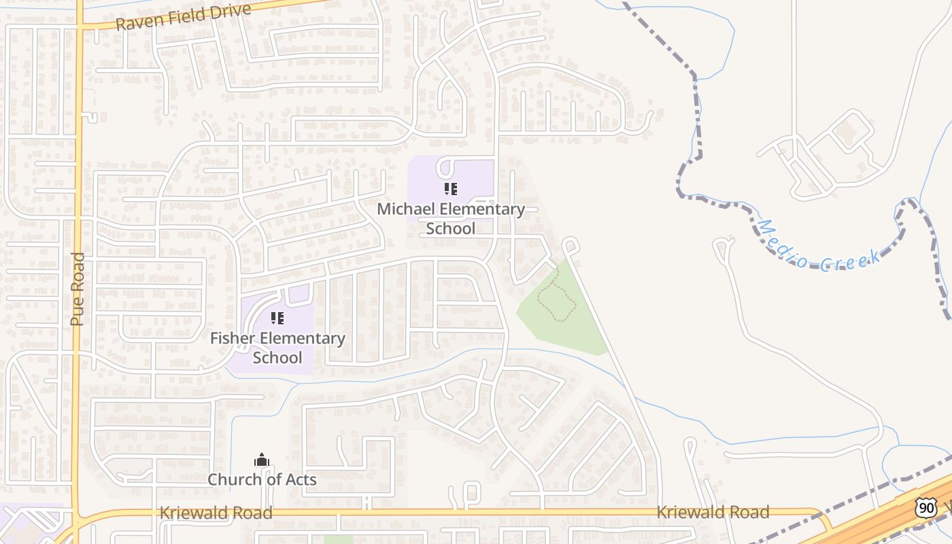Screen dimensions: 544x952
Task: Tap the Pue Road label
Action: pos(78,289)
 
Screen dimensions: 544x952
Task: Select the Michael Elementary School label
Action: pos(451,218)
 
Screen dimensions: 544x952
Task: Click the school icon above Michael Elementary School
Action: pos(451,188)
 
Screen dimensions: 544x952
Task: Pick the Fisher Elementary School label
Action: pos(277,347)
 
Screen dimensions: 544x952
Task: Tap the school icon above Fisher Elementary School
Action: pos(277,318)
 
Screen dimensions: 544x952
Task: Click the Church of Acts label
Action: pos(262,479)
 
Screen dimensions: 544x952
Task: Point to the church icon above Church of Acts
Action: pos(262,460)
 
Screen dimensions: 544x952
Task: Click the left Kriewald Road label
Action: pos(216,513)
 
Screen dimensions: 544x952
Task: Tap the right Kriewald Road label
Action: pos(713,512)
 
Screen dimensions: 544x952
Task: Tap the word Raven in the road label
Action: pos(137,22)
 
